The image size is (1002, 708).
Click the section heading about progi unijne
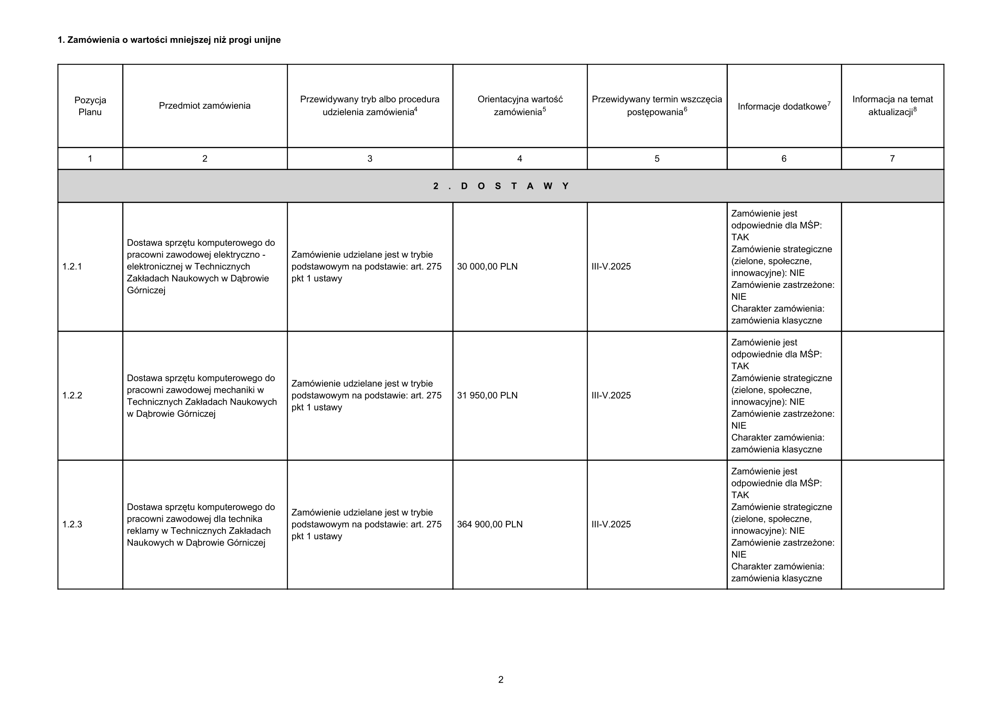tap(169, 40)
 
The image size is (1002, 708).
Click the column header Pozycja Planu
tap(90, 106)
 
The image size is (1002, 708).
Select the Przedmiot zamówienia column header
tap(204, 105)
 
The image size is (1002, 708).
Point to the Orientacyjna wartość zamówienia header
tap(519, 105)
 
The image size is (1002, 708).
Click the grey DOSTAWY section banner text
tap(500, 186)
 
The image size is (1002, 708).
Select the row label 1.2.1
tap(72, 266)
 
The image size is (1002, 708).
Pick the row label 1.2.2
tap(72, 395)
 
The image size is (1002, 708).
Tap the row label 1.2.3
tap(72, 524)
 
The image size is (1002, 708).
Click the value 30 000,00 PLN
tap(487, 266)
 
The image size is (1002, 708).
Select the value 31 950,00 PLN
tap(487, 395)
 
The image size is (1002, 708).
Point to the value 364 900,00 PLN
tap(490, 524)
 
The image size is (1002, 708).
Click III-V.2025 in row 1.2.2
tap(611, 395)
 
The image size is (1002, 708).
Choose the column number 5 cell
tap(657, 159)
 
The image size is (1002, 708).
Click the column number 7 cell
tap(892, 159)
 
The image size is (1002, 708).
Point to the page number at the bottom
tap(500, 680)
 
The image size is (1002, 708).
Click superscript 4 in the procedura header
tap(416, 110)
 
